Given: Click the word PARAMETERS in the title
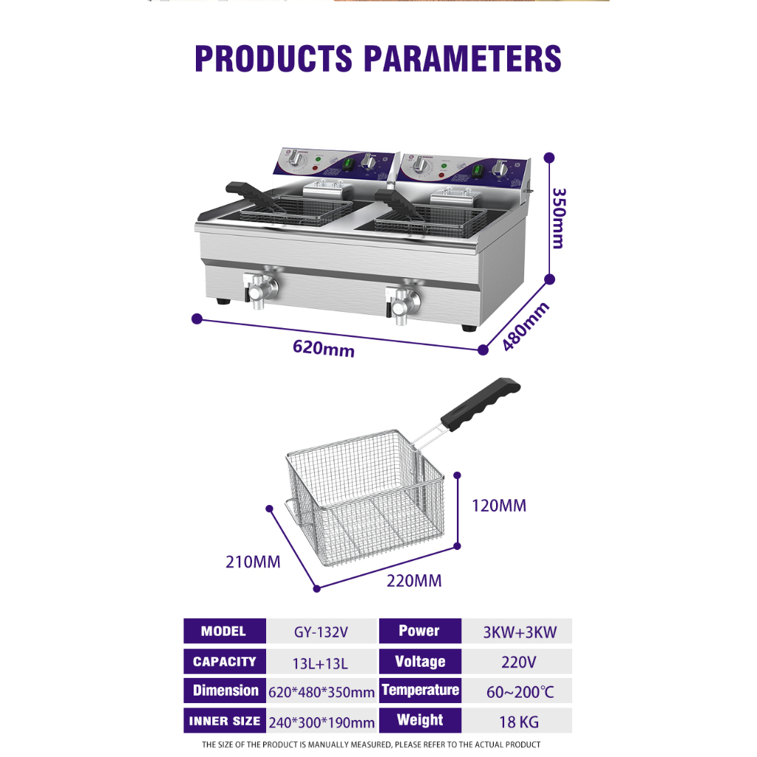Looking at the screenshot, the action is (x=462, y=59).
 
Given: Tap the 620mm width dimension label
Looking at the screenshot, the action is (x=324, y=348).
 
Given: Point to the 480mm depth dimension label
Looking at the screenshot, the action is (x=525, y=327).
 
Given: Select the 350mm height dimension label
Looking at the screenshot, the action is (x=559, y=218).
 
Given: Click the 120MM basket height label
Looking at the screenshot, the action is (x=499, y=506).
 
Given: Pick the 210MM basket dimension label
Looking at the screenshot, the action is (x=253, y=562).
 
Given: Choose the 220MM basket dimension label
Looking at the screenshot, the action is (x=414, y=580).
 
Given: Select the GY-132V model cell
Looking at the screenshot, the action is (x=321, y=632).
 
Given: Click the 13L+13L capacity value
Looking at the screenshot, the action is (x=320, y=663).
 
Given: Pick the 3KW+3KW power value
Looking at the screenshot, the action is (x=520, y=632).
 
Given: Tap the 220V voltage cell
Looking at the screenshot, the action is (x=518, y=662).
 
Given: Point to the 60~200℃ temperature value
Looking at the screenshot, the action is (x=520, y=692).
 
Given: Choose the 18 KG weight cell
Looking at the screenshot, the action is (x=518, y=722).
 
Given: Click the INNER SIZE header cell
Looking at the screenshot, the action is (x=225, y=721).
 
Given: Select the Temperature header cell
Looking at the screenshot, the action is (x=420, y=690).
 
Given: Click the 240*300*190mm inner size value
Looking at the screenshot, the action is (x=322, y=723).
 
